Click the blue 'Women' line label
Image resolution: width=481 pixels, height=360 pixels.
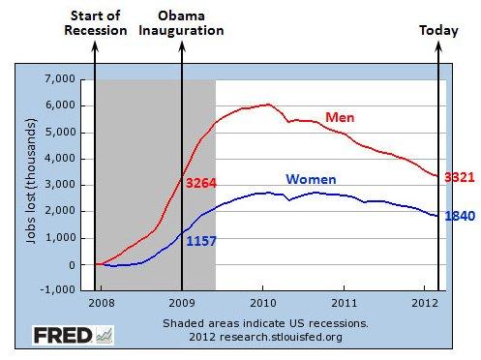[312, 179]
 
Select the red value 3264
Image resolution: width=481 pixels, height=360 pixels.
[206, 181]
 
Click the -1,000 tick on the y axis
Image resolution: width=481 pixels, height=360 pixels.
[56, 290]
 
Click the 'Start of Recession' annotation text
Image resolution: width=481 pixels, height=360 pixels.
[95, 23]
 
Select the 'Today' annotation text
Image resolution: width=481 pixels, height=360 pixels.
[438, 30]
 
